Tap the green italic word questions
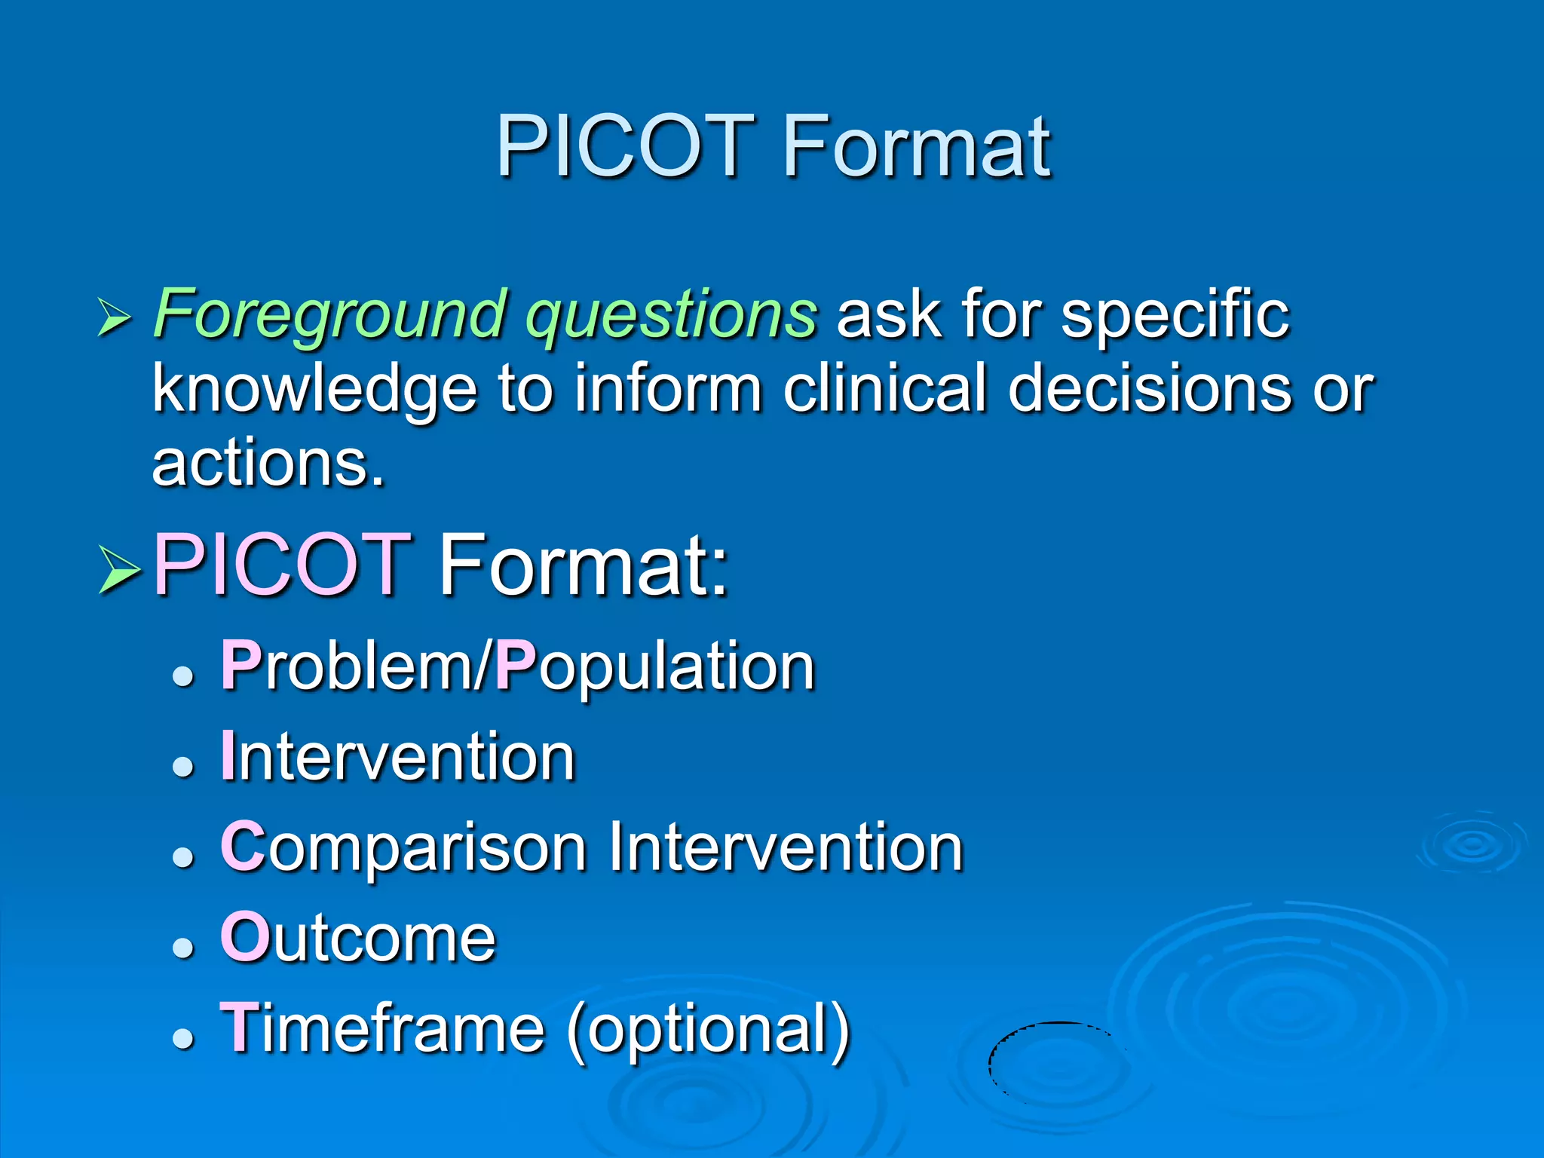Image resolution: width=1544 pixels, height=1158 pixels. [671, 315]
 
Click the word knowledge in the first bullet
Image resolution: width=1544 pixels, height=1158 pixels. [314, 389]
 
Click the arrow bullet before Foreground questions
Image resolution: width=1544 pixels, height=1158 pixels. [115, 317]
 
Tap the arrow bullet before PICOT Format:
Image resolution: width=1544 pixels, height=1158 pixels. [119, 570]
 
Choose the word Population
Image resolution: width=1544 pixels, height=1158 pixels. [654, 667]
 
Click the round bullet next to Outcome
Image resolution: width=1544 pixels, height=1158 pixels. [183, 947]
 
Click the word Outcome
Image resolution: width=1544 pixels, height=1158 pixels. [358, 939]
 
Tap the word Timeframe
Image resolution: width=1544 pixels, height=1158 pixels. [382, 1029]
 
